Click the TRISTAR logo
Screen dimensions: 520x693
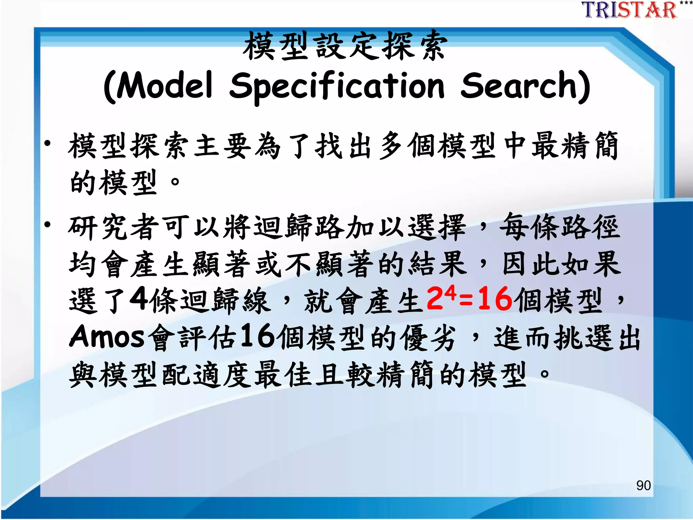click(629, 10)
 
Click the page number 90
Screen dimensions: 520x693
click(643, 485)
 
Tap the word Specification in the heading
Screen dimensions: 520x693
click(337, 86)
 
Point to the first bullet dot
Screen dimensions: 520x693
click(48, 144)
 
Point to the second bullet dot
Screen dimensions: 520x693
click(48, 224)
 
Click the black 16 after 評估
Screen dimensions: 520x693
click(258, 336)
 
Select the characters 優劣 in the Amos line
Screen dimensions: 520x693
click(428, 338)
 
